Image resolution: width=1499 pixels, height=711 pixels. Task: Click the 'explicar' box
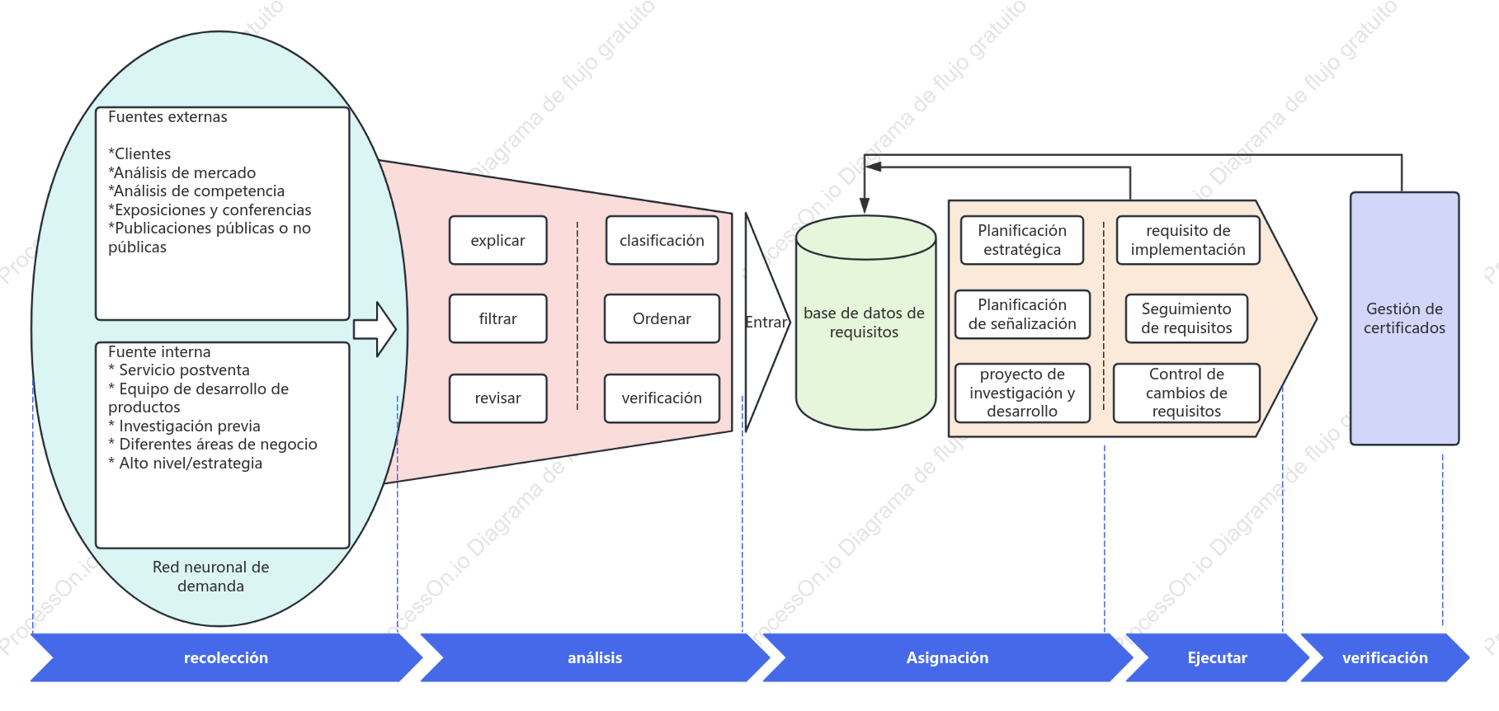click(x=497, y=240)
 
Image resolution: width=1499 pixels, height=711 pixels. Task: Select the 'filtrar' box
click(x=497, y=318)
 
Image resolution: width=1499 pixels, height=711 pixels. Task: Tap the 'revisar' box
click(x=497, y=398)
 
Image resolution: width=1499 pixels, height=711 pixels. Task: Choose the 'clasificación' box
click(x=662, y=240)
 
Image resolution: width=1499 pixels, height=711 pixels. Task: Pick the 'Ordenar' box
click(x=662, y=318)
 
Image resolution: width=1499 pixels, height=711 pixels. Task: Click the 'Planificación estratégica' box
click(x=1021, y=240)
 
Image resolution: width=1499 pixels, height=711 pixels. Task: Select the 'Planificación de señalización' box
click(x=1022, y=314)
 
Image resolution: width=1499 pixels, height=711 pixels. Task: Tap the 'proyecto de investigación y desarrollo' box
click(x=1022, y=393)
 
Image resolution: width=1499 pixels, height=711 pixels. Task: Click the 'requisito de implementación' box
click(x=1188, y=240)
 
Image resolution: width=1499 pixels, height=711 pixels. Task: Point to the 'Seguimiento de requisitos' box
click(x=1186, y=318)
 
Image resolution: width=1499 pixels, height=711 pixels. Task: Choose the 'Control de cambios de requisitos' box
click(x=1186, y=393)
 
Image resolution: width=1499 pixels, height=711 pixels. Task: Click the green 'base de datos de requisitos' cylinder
click(x=865, y=323)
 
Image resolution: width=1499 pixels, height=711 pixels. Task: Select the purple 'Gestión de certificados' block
click(x=1404, y=318)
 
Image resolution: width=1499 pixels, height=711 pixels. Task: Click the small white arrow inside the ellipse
click(x=375, y=329)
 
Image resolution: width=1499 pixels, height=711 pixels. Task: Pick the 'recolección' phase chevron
click(x=226, y=657)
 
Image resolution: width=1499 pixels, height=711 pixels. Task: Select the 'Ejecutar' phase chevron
click(x=1217, y=657)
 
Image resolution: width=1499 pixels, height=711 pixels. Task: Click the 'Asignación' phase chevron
click(x=947, y=657)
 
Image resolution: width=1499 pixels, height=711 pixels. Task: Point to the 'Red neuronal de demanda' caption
click(x=210, y=577)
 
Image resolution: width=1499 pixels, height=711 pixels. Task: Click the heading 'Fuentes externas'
click(x=167, y=117)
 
